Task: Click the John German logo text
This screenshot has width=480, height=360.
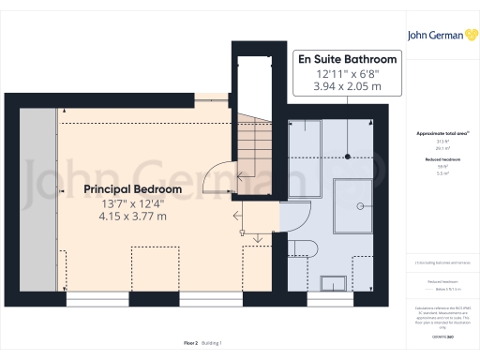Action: click(x=432, y=36)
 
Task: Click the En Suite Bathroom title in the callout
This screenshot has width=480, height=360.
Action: click(x=347, y=59)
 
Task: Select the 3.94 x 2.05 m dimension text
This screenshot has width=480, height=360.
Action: click(x=347, y=86)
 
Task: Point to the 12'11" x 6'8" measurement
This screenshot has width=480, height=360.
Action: click(x=347, y=73)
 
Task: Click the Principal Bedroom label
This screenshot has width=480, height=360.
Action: click(x=132, y=188)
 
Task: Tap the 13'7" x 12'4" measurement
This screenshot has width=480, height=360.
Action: click(x=132, y=202)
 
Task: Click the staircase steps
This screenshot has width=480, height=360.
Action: click(x=251, y=150)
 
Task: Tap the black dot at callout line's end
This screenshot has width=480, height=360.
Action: click(x=347, y=155)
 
